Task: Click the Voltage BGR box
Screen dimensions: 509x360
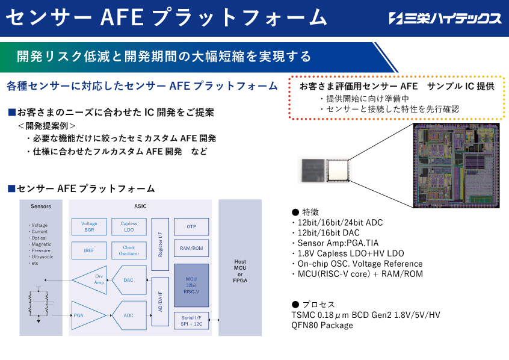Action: (x=89, y=226)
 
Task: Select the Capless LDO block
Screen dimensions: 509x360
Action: (x=129, y=226)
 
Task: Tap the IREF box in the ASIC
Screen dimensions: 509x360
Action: (x=89, y=250)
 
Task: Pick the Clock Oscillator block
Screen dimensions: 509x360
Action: (x=129, y=250)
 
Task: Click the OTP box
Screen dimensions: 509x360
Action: (x=191, y=226)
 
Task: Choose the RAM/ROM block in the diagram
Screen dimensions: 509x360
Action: (x=191, y=248)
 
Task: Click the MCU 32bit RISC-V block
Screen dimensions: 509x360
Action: (x=191, y=285)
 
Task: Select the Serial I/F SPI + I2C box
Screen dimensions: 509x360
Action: (x=191, y=321)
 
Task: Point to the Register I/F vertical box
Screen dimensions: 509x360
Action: (x=160, y=244)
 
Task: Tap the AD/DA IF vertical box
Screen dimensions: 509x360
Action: (x=160, y=302)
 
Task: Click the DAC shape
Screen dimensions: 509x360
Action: (x=129, y=280)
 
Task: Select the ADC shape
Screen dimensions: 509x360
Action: (x=129, y=315)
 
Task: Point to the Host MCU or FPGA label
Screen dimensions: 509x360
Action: (x=240, y=271)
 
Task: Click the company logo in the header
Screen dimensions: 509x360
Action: (x=445, y=18)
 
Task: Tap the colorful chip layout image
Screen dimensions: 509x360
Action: (x=456, y=166)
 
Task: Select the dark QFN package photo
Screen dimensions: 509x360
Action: (x=313, y=170)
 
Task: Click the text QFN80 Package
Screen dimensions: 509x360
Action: (x=322, y=325)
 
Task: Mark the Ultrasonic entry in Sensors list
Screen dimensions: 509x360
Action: (x=41, y=256)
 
